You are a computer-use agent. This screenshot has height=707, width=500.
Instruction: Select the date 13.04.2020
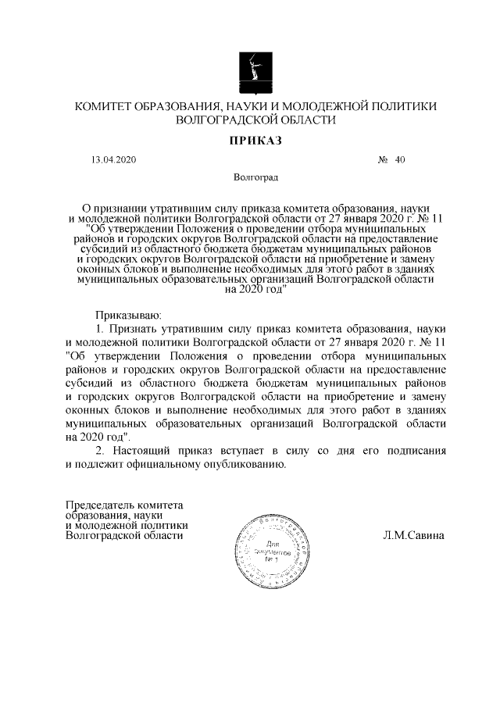[x=113, y=159]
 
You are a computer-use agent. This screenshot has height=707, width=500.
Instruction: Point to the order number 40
[x=401, y=159]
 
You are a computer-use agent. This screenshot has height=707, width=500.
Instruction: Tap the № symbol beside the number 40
[x=384, y=159]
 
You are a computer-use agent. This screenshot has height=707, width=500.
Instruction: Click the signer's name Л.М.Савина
[x=413, y=536]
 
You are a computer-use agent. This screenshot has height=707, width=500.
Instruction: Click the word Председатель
[x=102, y=505]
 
